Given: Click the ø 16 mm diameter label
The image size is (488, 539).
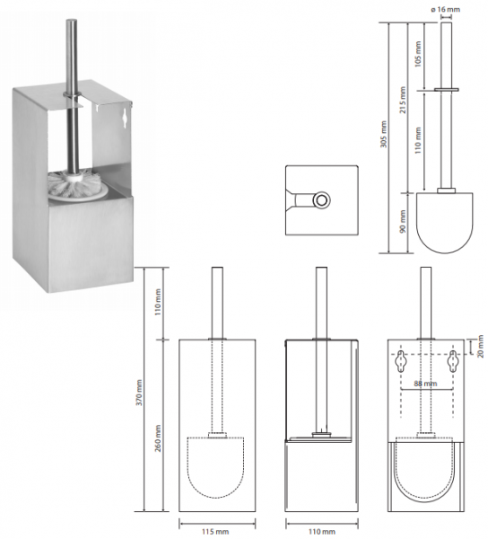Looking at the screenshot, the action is point(445,9).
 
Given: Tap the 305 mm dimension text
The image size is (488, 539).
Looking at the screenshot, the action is point(383,134).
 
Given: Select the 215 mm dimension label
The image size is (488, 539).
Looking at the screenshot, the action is point(403,100).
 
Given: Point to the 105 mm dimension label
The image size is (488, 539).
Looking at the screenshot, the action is point(418,54).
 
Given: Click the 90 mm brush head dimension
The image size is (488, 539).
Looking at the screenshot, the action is point(403,221).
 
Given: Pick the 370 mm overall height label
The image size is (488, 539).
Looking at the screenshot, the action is point(139,393).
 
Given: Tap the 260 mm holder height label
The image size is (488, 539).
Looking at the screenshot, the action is point(158,438).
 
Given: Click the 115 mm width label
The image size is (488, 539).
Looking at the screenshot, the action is point(215,532).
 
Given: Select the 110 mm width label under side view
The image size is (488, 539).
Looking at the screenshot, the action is point(321,532).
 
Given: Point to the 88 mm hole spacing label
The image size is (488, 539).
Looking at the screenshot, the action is point(425,384).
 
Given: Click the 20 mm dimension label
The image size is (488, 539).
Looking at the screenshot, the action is point(480,347).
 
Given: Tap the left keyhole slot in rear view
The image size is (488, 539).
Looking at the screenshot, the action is point(400,361).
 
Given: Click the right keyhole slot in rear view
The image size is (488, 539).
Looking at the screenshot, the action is point(453,361).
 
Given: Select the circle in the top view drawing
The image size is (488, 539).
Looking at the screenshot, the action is point(321,199).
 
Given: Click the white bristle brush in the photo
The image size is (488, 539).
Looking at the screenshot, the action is point(76,184).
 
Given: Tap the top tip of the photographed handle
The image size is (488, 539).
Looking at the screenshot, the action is point(71,20).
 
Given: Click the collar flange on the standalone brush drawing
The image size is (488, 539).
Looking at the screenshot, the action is point(447,90).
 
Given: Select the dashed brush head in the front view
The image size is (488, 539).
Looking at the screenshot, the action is point(215,467).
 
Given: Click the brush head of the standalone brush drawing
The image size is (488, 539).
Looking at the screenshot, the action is point(445,223).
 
